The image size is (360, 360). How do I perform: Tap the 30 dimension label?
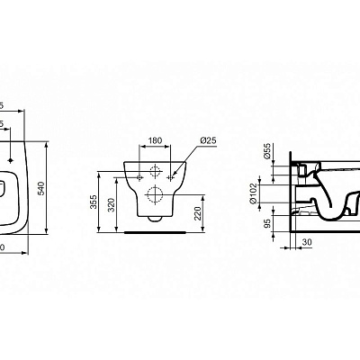point(307,242)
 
